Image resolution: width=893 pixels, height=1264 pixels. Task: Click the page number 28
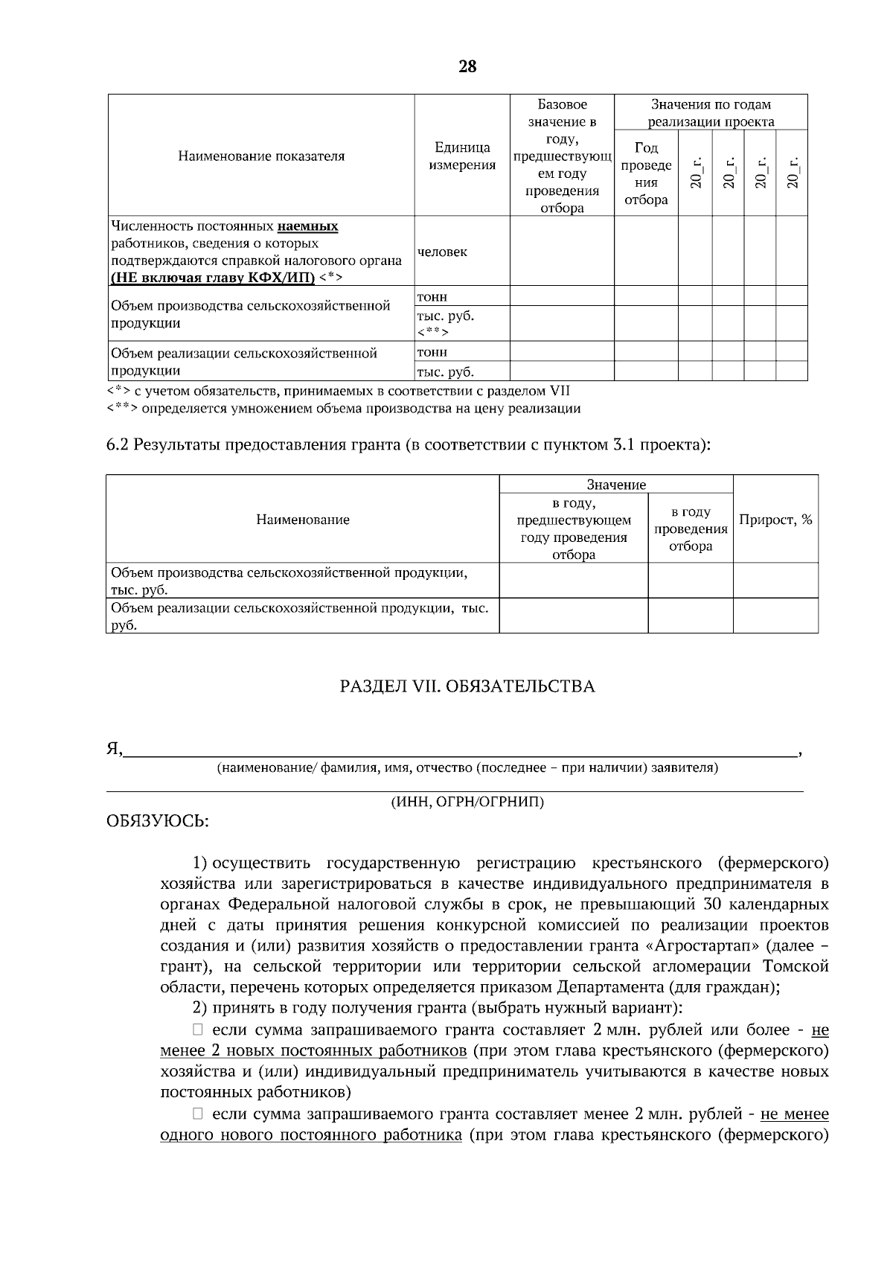tap(467, 67)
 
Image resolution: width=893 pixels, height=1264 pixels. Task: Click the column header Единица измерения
tap(462, 156)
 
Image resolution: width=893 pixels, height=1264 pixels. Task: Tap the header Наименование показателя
tap(261, 156)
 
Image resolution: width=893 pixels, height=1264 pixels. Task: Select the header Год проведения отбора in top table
tap(645, 173)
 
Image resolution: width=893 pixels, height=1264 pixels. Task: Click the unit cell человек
tap(442, 252)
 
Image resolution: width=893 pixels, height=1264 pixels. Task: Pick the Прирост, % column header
tap(775, 520)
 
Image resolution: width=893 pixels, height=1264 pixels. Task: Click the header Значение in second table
tap(616, 485)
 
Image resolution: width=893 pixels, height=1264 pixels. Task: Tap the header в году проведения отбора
tap(691, 529)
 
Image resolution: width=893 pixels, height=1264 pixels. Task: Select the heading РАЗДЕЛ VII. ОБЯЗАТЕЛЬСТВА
tap(467, 686)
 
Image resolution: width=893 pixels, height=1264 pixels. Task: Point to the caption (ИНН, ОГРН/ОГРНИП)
tap(467, 802)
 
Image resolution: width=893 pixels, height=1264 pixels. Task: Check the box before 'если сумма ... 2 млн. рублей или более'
tap(197, 1030)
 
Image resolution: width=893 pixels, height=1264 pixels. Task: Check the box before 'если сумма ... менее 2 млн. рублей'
tap(197, 1114)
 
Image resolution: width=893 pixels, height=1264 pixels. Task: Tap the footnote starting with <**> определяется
tap(344, 409)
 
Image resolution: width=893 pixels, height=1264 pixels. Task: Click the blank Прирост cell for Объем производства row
tap(775, 581)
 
